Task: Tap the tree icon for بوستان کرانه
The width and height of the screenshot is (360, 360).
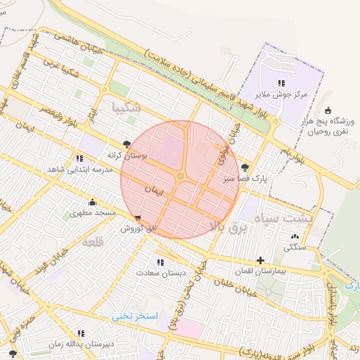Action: click(127, 144)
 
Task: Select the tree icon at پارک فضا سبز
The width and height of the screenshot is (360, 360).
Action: click(244, 167)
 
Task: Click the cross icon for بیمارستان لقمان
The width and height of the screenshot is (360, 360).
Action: click(261, 260)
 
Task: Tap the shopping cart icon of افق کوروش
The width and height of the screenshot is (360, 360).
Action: click(138, 217)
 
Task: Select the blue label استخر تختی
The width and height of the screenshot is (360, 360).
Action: click(137, 316)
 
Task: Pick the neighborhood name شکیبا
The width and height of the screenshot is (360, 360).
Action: click(127, 108)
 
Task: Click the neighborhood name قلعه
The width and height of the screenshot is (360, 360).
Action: click(93, 242)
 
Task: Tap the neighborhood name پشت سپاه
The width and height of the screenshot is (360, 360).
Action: click(303, 218)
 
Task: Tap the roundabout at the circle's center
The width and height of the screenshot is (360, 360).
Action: click(181, 176)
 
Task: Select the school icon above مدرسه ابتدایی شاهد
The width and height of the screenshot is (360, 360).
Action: click(79, 158)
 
